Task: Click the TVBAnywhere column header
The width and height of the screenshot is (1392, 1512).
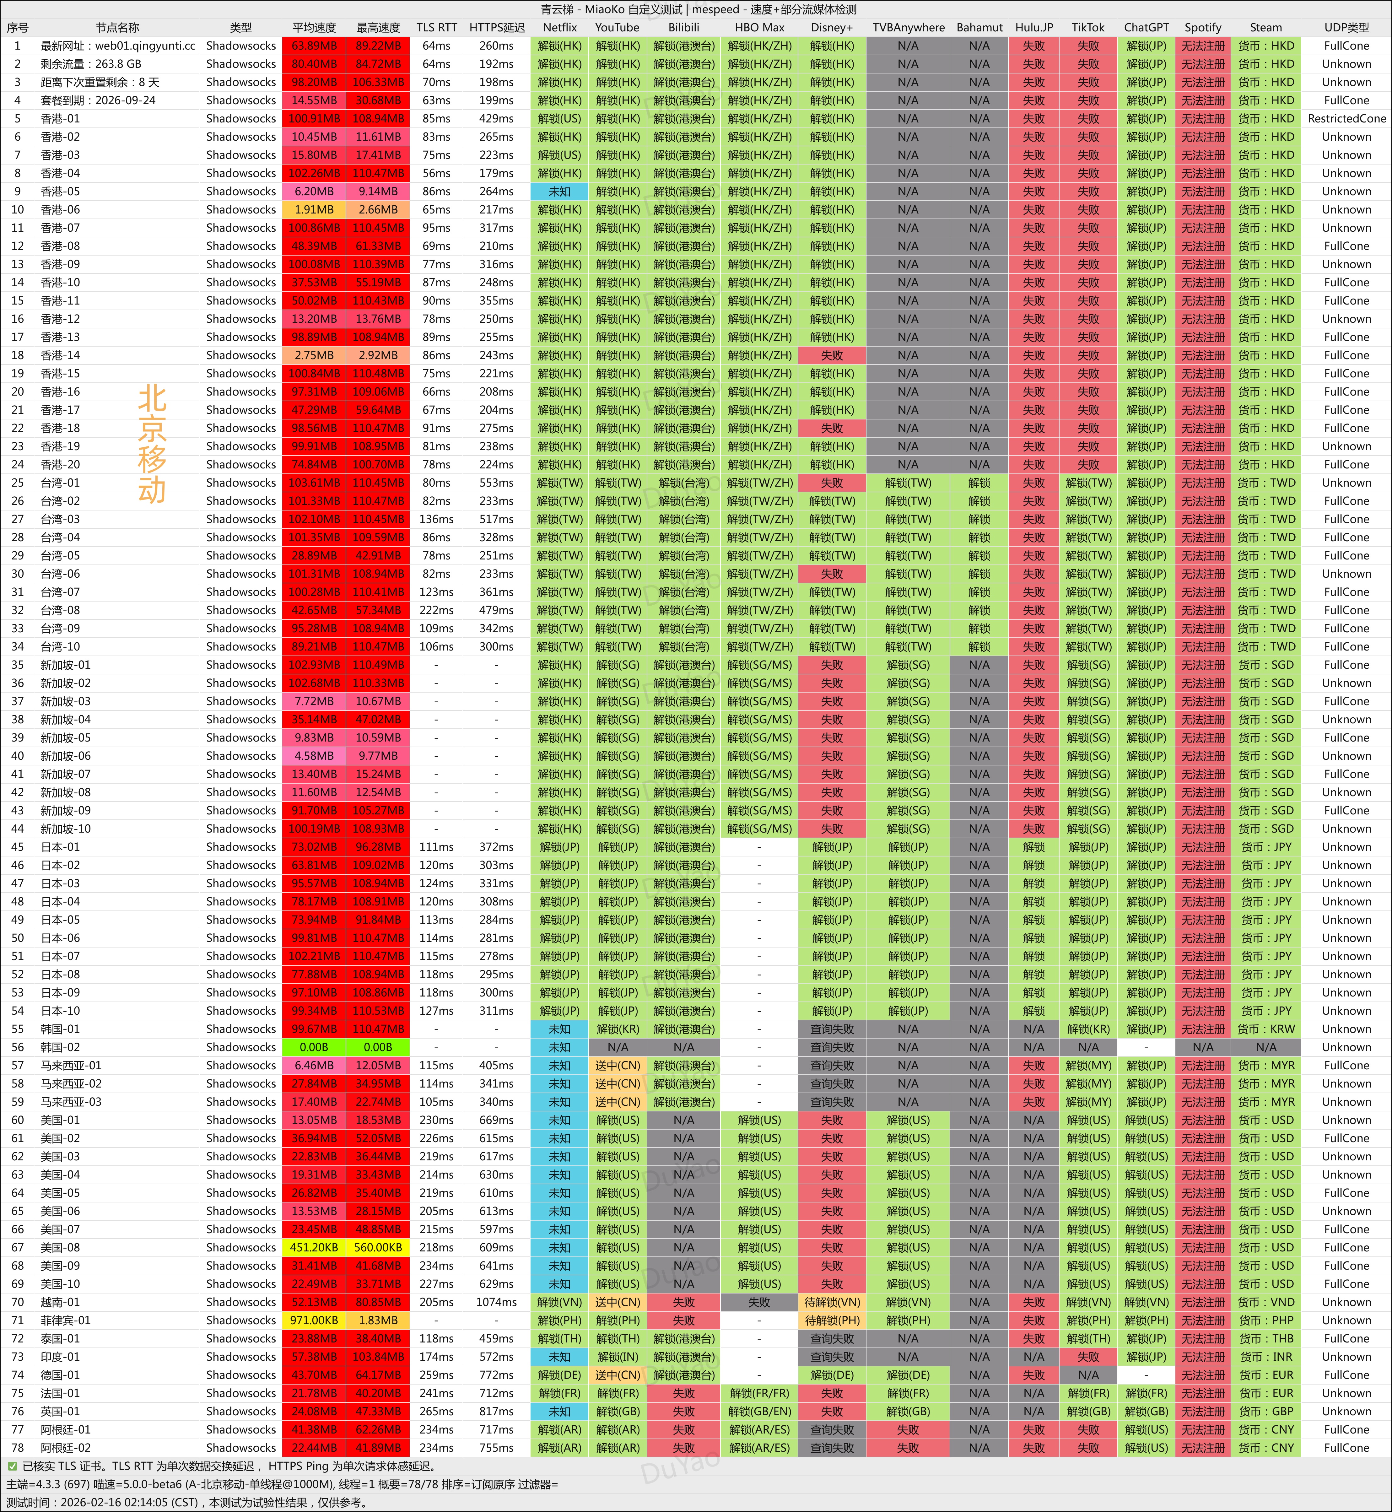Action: click(908, 27)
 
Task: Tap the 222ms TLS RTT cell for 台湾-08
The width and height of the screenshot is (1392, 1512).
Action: click(436, 610)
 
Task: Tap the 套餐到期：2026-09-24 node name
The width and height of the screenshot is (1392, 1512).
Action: click(98, 100)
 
